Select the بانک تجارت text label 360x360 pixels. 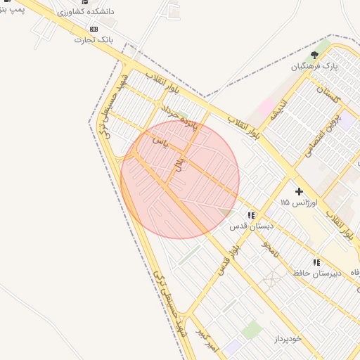coord(93,40)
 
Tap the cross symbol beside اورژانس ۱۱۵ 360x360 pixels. coord(299,191)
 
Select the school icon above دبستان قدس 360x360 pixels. coord(251,215)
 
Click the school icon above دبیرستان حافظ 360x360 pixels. coord(316,262)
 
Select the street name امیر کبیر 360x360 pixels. coord(207,340)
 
